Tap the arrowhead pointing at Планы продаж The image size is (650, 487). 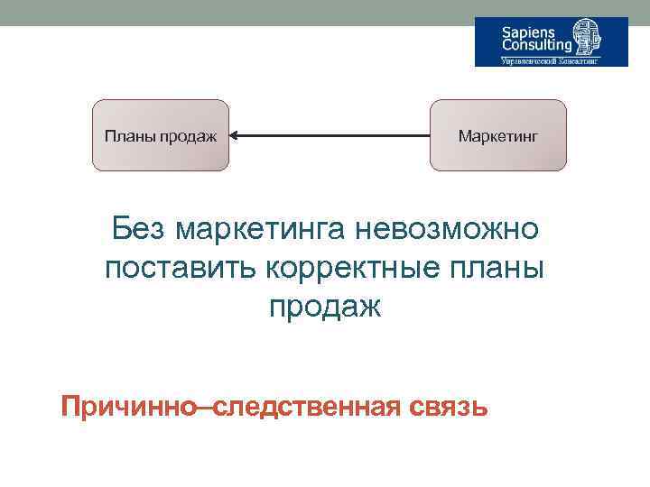[x=235, y=136]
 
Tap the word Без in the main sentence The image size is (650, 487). [x=136, y=230]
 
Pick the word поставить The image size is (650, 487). [x=181, y=268]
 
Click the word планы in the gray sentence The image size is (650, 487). [x=497, y=268]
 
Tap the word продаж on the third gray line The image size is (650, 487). [x=325, y=307]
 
